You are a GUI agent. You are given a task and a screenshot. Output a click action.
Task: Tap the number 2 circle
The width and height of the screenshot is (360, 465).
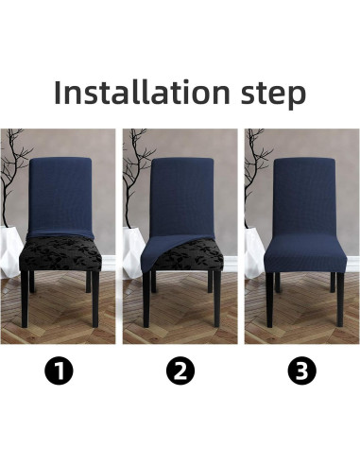180,371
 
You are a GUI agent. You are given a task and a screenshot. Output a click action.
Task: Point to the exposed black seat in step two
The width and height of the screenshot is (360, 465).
189,257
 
